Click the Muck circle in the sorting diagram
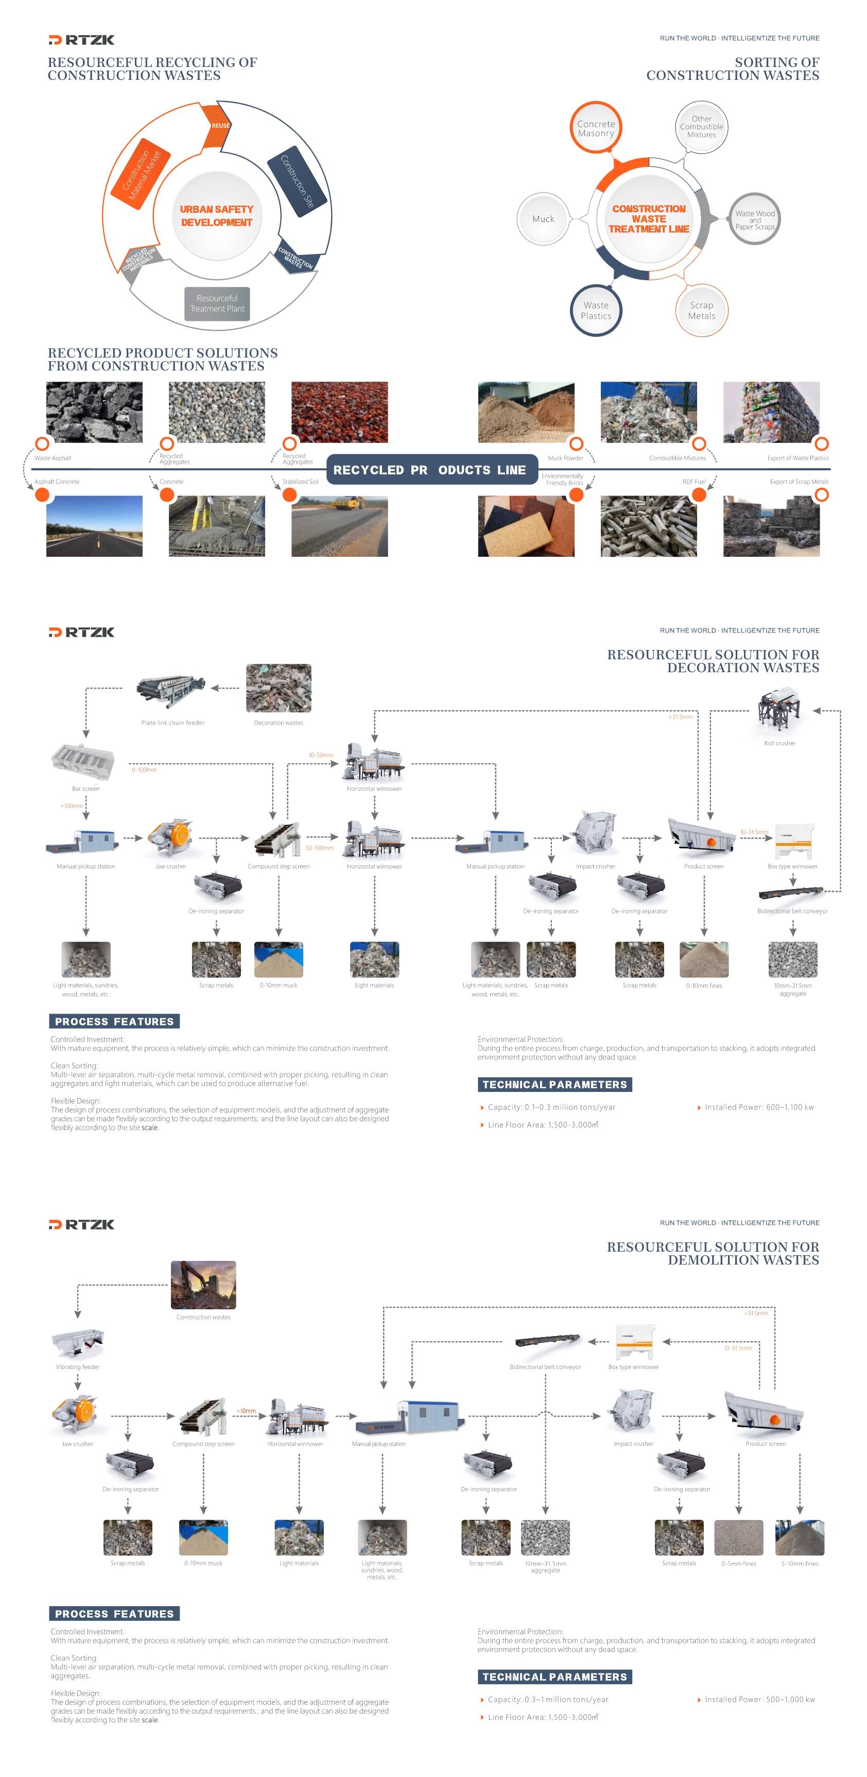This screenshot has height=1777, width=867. [543, 219]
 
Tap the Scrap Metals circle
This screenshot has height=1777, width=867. [701, 311]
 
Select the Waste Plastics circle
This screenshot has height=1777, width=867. [595, 311]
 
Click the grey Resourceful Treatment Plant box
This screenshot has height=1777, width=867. [217, 303]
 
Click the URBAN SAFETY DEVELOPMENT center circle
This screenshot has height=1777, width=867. [217, 216]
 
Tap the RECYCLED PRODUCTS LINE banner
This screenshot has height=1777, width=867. [431, 470]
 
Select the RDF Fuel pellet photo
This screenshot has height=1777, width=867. [648, 526]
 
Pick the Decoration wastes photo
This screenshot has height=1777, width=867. [278, 688]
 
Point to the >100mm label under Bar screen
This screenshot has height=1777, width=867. [72, 806]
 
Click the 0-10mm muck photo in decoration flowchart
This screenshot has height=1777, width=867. [278, 960]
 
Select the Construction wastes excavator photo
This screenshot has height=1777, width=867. [203, 1285]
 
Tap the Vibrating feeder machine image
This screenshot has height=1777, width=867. [77, 1342]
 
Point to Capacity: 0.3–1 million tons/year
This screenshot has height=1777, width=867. [548, 1700]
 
